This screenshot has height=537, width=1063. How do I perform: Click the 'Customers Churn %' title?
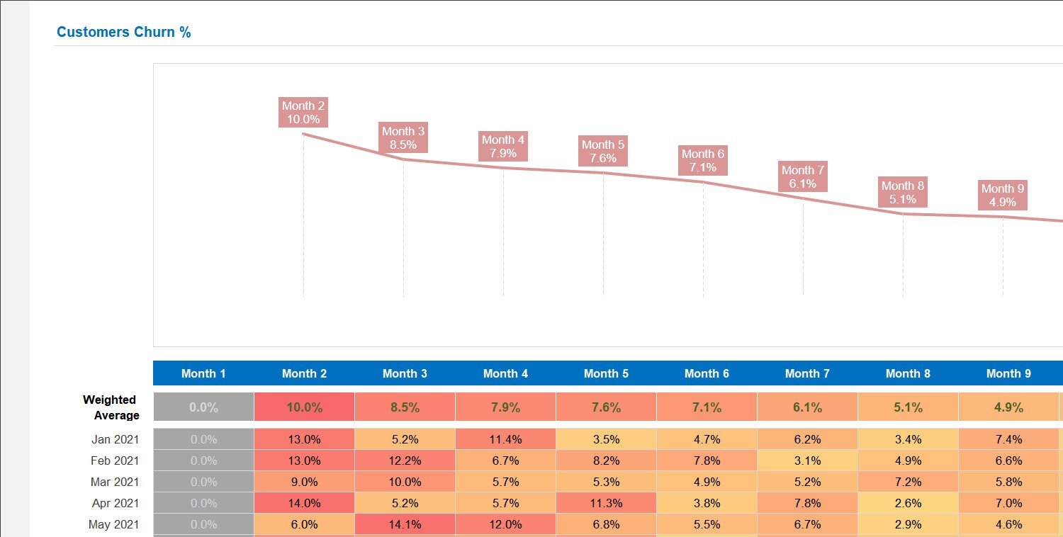[124, 33]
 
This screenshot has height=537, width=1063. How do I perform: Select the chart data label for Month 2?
[303, 113]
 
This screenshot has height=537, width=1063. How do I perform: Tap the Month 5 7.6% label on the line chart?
[603, 152]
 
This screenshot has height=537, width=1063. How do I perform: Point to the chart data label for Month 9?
[1003, 196]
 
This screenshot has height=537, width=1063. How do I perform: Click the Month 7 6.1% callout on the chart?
[803, 177]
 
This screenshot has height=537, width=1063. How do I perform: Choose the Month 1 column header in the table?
[203, 373]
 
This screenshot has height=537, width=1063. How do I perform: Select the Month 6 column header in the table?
[707, 373]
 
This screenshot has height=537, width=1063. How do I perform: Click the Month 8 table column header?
[908, 373]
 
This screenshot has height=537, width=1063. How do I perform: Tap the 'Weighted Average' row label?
[111, 407]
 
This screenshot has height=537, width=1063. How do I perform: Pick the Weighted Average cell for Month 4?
[505, 407]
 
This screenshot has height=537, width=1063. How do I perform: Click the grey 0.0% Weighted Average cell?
[203, 407]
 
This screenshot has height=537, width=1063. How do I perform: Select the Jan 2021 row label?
[115, 439]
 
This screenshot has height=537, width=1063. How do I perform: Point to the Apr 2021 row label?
[115, 503]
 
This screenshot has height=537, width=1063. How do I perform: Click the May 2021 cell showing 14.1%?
[405, 524]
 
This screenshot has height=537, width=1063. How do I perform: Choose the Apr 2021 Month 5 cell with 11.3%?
[606, 503]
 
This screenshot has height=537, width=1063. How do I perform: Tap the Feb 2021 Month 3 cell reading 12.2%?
[405, 460]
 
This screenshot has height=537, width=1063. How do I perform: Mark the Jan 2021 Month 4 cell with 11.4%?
[505, 439]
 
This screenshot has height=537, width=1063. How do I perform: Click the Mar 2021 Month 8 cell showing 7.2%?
[908, 482]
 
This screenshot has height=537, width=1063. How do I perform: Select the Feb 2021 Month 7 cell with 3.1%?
[807, 460]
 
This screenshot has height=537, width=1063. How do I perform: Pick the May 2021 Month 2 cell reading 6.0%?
[304, 524]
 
